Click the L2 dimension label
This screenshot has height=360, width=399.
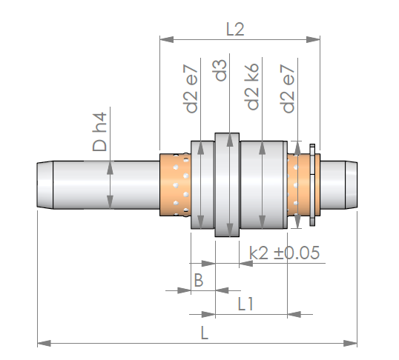pos(235,29)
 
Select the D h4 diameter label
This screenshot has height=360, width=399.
pos(99,132)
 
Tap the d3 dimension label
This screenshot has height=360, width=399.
pos(220,70)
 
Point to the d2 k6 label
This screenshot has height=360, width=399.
pos(251,87)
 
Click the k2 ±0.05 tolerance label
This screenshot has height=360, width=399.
pos(284,253)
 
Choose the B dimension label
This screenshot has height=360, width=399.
pos(199,280)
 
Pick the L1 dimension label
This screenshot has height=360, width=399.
pos(245,304)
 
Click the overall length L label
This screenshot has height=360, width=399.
pos(205,333)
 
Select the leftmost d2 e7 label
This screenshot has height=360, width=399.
pos(191,89)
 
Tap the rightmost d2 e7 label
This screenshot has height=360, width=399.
pos(288,88)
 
